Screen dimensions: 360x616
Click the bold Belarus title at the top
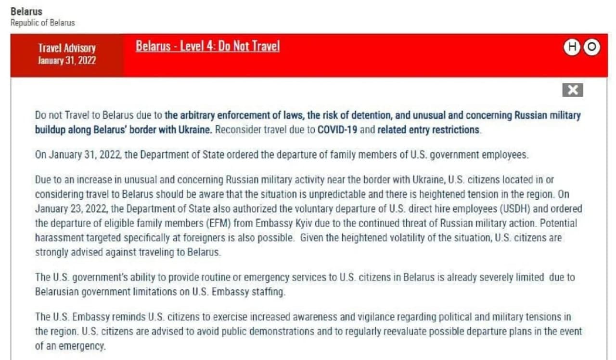coord(26,11)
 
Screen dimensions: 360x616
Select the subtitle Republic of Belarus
coord(43,23)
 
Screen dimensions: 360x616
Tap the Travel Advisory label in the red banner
coord(67,48)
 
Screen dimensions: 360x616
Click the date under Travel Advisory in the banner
coord(67,60)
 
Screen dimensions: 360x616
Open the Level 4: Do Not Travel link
coord(207,46)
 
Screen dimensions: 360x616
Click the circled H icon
coord(572,47)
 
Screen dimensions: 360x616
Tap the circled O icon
coord(592,47)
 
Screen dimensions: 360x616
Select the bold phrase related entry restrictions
coord(428,130)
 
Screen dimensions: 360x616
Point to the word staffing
coord(268,292)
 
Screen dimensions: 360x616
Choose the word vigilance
coord(389,317)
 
